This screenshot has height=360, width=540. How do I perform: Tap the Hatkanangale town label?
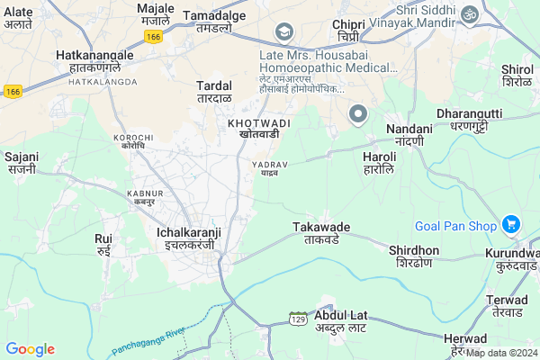[94, 61]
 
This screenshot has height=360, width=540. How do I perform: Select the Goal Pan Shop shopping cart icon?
[511, 224]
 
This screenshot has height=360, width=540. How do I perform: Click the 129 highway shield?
[298, 319]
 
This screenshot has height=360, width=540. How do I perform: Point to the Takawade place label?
[321, 234]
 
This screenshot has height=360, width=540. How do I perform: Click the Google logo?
[30, 349]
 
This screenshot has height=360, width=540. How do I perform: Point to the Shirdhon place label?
[414, 256]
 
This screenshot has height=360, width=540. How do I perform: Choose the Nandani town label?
[409, 135]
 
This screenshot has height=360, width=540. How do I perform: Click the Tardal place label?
[214, 91]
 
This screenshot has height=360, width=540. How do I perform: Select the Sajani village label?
[21, 162]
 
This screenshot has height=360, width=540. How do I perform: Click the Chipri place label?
[348, 30]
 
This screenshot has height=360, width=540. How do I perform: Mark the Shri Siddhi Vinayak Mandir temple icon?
[469, 14]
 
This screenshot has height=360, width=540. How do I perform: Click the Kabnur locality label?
[145, 198]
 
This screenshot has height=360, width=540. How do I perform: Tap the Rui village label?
[103, 245]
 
